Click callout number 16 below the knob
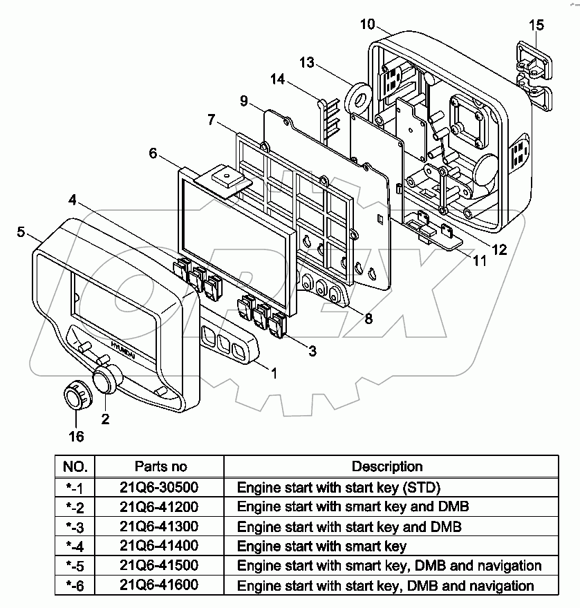76,436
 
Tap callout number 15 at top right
536,26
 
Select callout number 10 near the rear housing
367,25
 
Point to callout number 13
307,63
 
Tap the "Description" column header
387,466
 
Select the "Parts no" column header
160,466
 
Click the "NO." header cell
75,466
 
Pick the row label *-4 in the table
75,546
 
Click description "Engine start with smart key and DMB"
353,506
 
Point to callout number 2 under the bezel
105,418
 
